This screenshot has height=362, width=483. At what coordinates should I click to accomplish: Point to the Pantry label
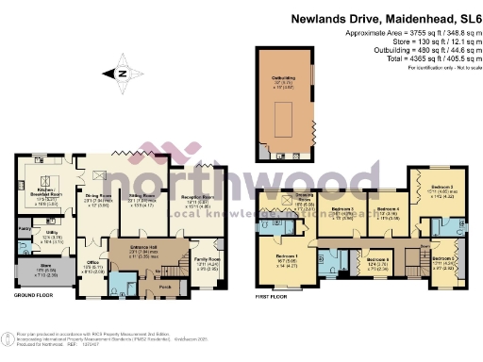[24, 229]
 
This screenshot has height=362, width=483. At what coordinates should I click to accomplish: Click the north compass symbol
[121, 73]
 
